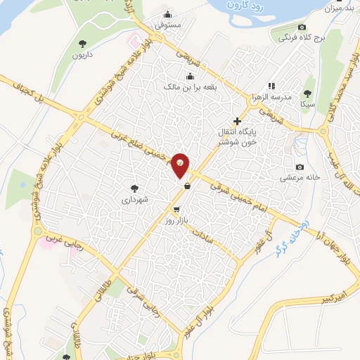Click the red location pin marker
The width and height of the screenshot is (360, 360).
click(x=181, y=164)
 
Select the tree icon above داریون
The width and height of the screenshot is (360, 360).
click(x=84, y=44)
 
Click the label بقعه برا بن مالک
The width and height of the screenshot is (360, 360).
click(x=190, y=86)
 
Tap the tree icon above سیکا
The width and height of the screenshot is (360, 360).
click(x=307, y=92)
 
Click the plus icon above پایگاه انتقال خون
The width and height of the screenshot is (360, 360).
click(x=237, y=121)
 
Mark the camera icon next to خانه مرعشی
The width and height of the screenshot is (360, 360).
click(x=300, y=167)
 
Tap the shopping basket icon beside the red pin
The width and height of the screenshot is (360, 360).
click(x=187, y=186)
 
